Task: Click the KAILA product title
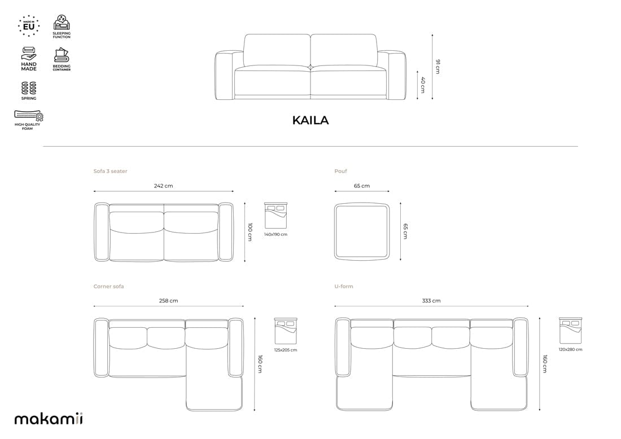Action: click(x=310, y=120)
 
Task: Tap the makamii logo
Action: click(x=49, y=418)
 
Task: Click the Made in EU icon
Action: click(x=29, y=26)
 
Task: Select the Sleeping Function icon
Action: click(x=62, y=23)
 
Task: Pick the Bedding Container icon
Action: click(x=62, y=55)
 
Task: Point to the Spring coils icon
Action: click(x=29, y=88)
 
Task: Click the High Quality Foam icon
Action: click(x=29, y=116)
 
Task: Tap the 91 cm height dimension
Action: click(x=438, y=66)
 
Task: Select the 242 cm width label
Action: click(x=164, y=186)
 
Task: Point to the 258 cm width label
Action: click(x=168, y=301)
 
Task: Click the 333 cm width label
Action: click(x=431, y=301)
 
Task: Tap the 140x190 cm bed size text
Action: click(x=275, y=234)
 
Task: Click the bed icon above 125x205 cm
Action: click(x=286, y=331)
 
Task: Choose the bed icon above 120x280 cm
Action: click(x=570, y=331)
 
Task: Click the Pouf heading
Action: click(x=340, y=171)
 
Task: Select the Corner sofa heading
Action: click(x=108, y=286)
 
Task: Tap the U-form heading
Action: click(x=343, y=286)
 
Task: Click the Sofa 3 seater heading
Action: click(x=110, y=171)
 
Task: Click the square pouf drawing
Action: click(x=362, y=232)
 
